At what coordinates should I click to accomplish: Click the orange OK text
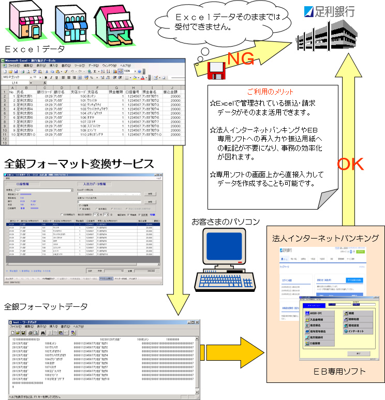click(x=354, y=164)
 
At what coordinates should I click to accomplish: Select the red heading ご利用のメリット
click(x=273, y=92)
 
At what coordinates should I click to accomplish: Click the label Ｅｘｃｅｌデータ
click(x=35, y=50)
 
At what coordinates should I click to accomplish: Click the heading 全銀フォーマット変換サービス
click(x=79, y=165)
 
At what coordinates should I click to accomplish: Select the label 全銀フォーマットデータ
click(x=46, y=307)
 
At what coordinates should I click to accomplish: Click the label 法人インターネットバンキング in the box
click(x=325, y=238)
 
